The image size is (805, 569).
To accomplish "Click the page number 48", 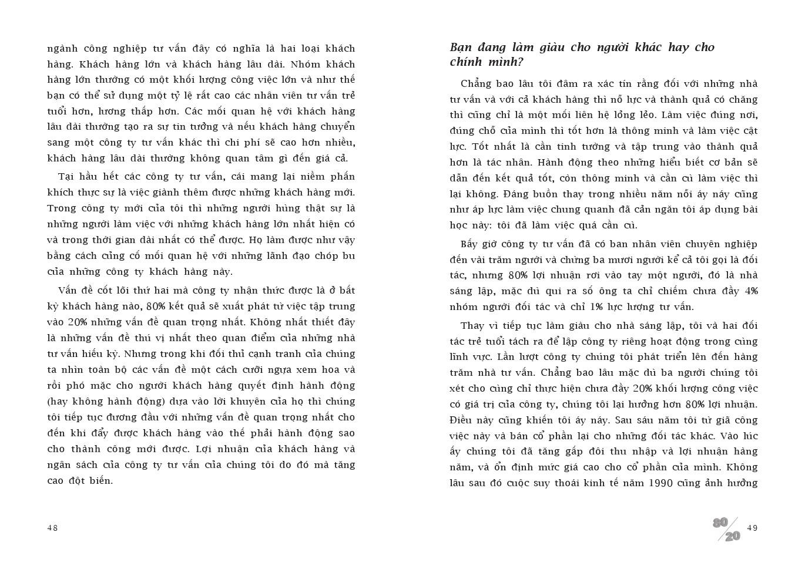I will [x=52, y=528].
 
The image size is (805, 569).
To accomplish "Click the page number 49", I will [x=752, y=528].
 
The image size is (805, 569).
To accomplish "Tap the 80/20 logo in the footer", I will [x=726, y=529].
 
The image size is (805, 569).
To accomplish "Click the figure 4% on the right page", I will [x=751, y=291].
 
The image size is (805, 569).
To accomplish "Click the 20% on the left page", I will [x=78, y=322].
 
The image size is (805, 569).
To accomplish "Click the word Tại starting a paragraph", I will [x=68, y=177].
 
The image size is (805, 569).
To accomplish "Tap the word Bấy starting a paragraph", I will [x=470, y=244].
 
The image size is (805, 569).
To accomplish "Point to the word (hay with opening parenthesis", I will [x=58, y=402].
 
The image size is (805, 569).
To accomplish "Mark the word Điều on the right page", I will [x=461, y=420].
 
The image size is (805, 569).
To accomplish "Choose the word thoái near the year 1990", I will [x=566, y=483].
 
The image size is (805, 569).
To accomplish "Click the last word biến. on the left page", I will [x=99, y=481].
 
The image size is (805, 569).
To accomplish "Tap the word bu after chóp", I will [x=348, y=256].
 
